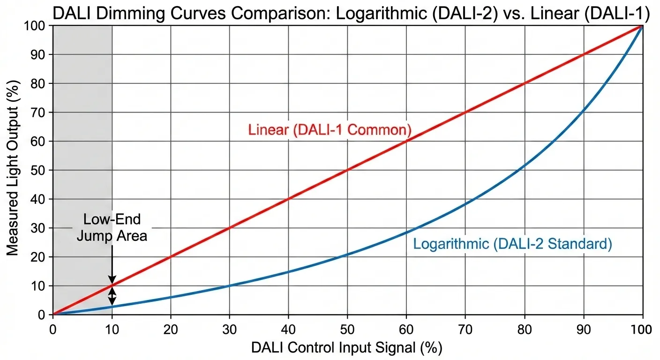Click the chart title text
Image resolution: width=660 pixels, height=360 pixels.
coord(351,14)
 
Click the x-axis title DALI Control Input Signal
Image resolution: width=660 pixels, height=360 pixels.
coord(346,348)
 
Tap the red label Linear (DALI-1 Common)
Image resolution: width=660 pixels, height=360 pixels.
coord(330,130)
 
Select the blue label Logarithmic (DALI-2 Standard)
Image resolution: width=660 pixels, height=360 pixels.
coord(512,244)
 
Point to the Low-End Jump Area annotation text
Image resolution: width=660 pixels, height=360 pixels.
coord(112,227)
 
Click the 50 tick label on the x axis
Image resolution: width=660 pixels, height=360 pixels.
coord(347,329)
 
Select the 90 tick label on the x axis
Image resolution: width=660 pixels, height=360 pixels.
coord(583,329)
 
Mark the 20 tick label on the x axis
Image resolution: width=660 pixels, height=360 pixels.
coord(171,329)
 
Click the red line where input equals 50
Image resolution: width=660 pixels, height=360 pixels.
coord(347,170)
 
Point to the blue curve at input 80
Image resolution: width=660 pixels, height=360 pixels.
coord(524,165)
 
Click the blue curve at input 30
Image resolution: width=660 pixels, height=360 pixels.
coord(229,285)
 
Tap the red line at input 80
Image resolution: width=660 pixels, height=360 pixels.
coord(524,83)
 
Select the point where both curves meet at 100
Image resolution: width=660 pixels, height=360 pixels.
coord(642,26)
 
